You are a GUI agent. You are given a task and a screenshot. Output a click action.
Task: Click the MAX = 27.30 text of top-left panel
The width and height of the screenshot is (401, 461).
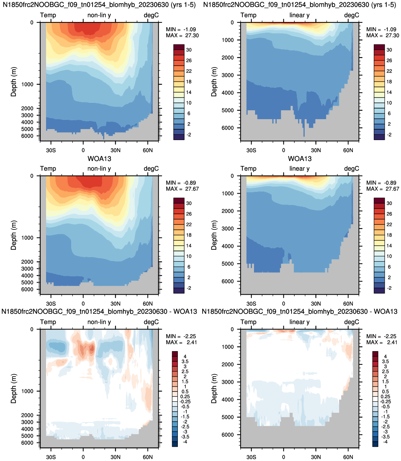(x=182, y=35)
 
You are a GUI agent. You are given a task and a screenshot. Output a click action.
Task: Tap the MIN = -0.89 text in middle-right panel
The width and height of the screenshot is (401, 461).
(x=382, y=183)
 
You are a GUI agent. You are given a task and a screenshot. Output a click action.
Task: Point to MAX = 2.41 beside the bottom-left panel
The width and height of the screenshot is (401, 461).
(x=181, y=342)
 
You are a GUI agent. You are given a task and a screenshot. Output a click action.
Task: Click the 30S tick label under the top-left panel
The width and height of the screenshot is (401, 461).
(x=51, y=150)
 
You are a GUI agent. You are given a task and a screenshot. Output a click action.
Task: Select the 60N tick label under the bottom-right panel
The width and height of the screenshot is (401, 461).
(x=348, y=457)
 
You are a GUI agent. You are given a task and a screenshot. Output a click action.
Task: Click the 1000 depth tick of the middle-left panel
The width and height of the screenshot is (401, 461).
(x=27, y=238)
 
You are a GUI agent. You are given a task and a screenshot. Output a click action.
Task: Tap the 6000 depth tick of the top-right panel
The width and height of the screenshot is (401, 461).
(x=228, y=128)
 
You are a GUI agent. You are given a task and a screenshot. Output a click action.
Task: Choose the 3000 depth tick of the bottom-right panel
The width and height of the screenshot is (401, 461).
(x=228, y=382)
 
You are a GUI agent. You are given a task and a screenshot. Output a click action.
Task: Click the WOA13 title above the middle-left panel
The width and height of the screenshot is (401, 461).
(x=99, y=159)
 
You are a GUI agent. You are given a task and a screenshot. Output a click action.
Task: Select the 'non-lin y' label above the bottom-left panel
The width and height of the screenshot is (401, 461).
(x=99, y=322)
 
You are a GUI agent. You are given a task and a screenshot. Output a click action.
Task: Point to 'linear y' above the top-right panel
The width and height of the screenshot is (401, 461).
(x=300, y=15)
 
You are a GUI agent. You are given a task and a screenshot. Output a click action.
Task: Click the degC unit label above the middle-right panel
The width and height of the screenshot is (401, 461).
(x=351, y=168)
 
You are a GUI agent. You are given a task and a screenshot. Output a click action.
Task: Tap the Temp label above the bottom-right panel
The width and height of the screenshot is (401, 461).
(x=248, y=322)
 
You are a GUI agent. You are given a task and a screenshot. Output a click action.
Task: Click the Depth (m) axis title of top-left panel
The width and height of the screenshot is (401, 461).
(x=13, y=82)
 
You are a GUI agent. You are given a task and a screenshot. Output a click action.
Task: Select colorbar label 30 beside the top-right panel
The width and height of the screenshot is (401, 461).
(x=389, y=50)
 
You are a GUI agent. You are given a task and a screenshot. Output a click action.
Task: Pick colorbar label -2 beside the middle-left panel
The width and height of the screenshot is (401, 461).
(x=189, y=288)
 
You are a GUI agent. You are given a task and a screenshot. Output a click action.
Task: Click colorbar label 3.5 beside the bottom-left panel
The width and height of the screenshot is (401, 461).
(x=185, y=361)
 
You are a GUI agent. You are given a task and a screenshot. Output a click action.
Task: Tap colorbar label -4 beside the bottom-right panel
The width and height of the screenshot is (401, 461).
(x=385, y=441)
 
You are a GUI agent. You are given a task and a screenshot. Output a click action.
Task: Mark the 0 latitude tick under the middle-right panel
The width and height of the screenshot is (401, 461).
(x=283, y=304)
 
